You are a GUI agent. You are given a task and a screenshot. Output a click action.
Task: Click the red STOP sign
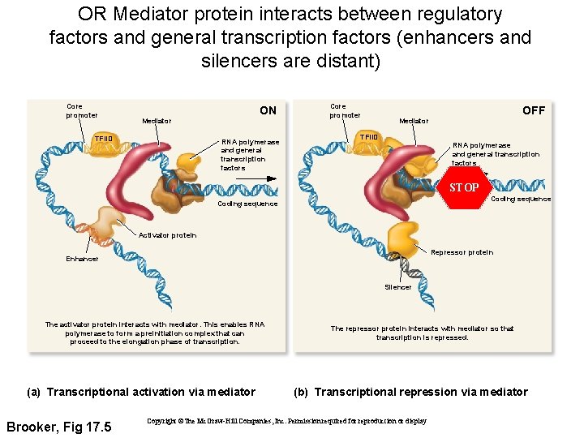pos(465,187)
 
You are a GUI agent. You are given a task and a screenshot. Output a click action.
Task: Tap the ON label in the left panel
pos(268,110)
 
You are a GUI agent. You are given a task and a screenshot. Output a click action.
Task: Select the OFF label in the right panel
pos(533,110)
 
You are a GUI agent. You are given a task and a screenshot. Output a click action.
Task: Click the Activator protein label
pos(168,235)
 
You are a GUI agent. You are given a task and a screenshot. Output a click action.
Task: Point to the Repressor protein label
pos(462,252)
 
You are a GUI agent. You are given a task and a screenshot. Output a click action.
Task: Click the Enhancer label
pos(82,259)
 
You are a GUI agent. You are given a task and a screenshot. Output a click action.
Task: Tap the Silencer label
pos(397,287)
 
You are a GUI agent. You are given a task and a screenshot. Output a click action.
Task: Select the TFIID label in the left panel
pos(104,139)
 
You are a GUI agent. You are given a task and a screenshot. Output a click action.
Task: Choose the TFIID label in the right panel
pos(369,137)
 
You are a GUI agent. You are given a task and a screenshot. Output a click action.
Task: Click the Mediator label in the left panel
pos(157,121)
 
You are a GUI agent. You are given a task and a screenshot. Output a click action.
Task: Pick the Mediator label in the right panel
pos(414,121)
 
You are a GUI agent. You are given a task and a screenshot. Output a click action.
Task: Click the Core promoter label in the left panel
pos(81,110)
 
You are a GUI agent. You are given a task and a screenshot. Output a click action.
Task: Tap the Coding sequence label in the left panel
pos(247,204)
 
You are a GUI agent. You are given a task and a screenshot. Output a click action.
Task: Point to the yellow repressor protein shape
pos(403,239)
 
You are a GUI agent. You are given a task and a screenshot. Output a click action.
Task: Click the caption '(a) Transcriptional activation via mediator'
pos(141,392)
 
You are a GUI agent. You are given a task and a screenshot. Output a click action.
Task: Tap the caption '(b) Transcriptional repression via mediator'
pos(410,392)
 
